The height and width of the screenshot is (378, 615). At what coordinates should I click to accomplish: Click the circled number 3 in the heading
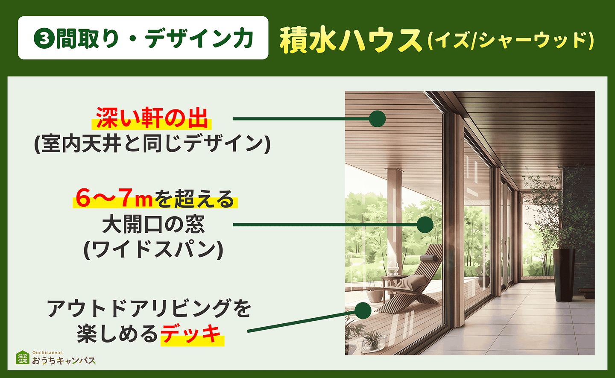[44, 39]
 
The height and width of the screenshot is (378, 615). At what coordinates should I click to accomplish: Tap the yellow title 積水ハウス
[351, 40]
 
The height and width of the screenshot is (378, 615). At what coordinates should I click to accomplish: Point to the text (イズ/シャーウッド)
[510, 41]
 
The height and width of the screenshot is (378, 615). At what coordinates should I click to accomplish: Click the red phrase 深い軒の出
[152, 118]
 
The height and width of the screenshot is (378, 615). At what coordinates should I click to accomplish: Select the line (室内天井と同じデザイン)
[152, 144]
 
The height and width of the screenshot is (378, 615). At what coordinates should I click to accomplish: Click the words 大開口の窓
[153, 224]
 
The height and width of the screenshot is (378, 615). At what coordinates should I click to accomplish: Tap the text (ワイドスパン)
[153, 249]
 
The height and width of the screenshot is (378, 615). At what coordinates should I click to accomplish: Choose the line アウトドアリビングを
[149, 308]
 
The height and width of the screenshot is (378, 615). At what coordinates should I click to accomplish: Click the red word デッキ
[192, 334]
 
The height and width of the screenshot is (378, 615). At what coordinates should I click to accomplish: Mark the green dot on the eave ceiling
[377, 119]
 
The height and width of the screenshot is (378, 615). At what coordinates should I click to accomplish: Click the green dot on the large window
[425, 225]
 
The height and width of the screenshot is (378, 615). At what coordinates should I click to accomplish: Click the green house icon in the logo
[23, 358]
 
